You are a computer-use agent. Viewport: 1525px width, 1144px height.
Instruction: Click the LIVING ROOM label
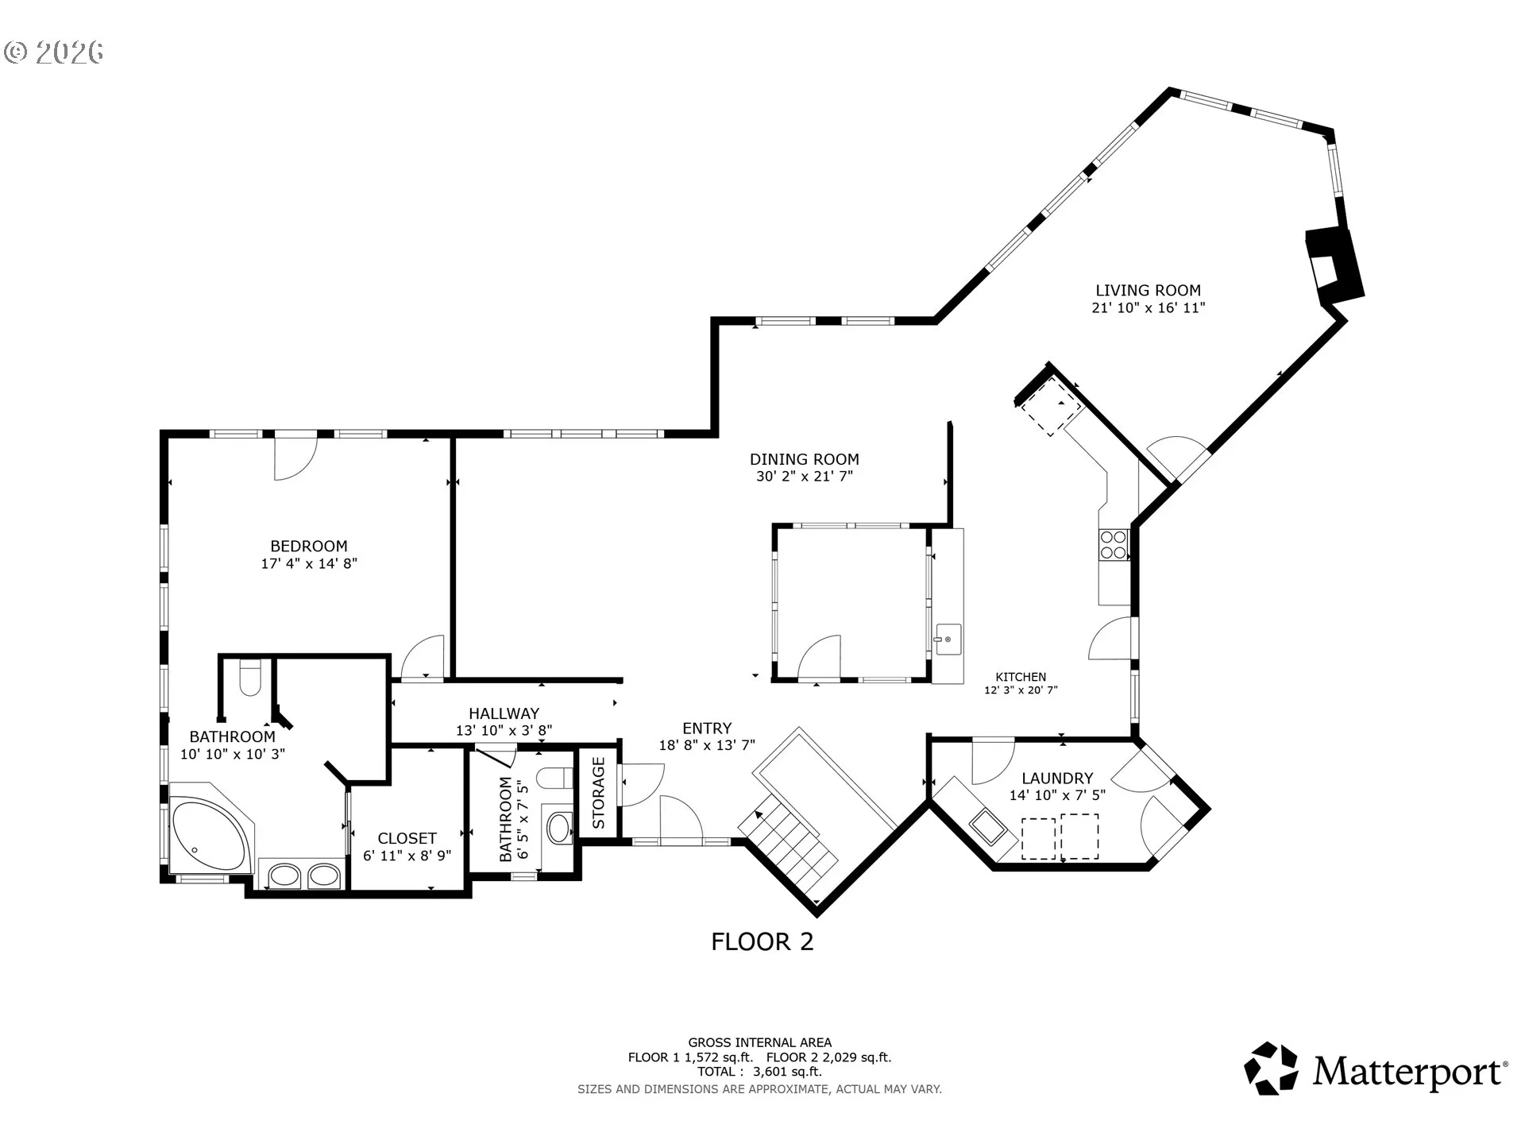pos(1148,291)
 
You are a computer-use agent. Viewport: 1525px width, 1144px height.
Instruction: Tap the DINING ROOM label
pos(805,459)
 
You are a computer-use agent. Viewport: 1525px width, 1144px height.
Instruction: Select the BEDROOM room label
pos(309,547)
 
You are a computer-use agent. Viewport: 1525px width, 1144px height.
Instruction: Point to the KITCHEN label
pos(1021,677)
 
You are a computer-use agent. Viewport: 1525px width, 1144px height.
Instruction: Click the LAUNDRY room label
pos(1057,779)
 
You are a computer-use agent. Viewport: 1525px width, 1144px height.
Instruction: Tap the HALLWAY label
pos(504,713)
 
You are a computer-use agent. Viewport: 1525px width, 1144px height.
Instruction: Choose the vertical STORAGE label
pos(599,793)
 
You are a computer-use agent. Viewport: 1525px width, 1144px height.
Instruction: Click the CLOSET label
pos(407,838)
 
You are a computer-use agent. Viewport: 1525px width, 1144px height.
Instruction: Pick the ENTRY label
pos(707,729)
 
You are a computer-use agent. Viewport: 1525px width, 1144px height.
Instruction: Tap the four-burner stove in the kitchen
pos(1114,544)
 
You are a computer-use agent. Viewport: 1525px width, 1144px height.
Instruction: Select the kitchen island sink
pos(948,639)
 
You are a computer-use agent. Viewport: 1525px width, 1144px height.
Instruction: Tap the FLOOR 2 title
pos(762,942)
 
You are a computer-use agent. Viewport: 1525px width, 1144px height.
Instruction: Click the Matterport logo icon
pos(1272,1069)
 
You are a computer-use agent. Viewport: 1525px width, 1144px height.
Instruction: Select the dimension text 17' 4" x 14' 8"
pos(309,564)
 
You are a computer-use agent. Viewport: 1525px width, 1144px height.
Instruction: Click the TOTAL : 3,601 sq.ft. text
pos(759,1072)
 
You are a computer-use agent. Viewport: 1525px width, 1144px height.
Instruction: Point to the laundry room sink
pos(988,826)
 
